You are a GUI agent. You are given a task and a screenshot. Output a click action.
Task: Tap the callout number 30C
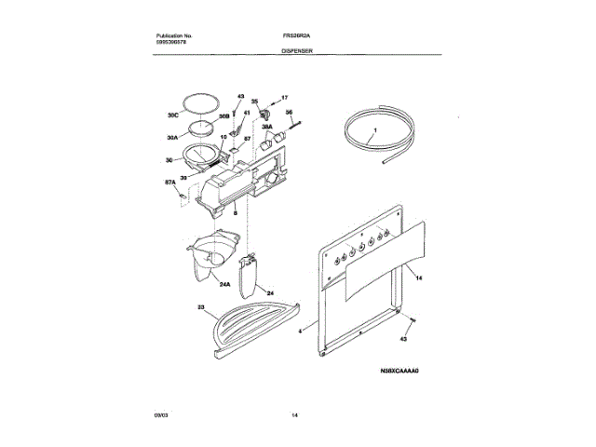click(x=172, y=116)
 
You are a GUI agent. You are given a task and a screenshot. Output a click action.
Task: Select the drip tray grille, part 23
click(x=251, y=327)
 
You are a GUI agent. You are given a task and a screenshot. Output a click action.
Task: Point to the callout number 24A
click(x=225, y=286)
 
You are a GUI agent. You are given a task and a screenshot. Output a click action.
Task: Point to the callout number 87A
click(x=170, y=183)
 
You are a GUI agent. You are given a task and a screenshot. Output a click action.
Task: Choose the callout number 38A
click(x=266, y=127)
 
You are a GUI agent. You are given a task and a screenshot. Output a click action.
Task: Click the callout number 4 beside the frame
click(x=301, y=331)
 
